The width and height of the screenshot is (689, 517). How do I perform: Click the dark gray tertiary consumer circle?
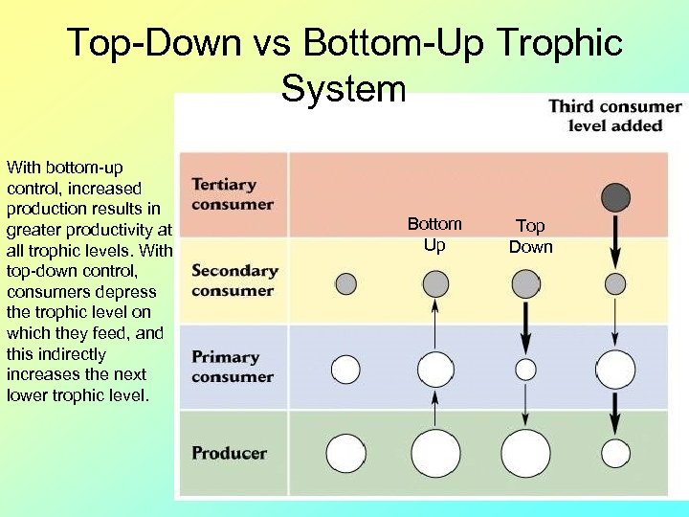tap(615, 198)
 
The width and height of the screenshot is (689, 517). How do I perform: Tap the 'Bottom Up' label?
tap(434, 235)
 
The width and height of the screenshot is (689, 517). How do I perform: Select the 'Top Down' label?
tap(530, 236)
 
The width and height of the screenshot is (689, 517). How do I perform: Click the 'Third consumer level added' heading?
tap(614, 116)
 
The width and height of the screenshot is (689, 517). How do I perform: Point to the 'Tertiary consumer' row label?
tap(232, 193)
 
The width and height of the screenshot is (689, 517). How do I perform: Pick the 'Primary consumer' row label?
tap(232, 366)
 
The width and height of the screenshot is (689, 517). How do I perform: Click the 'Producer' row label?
tap(229, 453)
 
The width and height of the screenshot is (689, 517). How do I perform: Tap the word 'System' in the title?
tap(344, 89)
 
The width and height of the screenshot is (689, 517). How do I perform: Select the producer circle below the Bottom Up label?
tap(435, 453)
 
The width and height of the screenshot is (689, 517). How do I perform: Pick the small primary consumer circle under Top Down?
tap(525, 369)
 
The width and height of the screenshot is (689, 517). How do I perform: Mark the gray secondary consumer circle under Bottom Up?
tap(435, 283)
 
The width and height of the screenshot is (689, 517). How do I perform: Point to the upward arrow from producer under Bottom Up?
tap(435, 409)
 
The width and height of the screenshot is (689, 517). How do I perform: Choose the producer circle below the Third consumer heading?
tap(615, 453)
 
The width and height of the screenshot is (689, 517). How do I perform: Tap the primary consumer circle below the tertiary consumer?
tap(615, 369)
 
